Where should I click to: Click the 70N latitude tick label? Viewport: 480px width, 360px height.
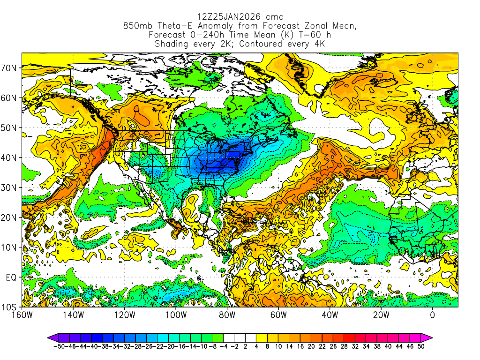(10, 68)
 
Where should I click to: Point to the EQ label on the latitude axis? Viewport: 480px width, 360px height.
(11, 277)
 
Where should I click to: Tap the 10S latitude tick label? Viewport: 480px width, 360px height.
(10, 307)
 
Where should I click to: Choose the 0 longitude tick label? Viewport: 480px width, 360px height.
(432, 315)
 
